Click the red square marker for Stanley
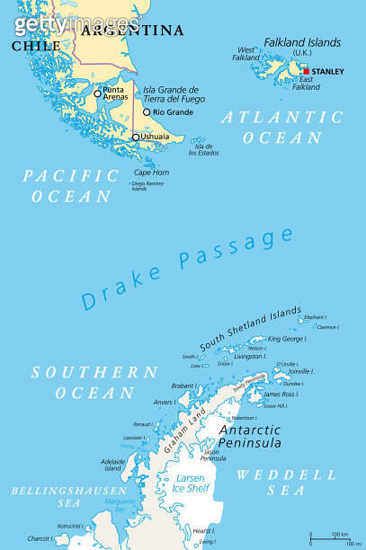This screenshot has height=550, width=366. [x=307, y=71]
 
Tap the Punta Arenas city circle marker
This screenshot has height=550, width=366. [x=97, y=93]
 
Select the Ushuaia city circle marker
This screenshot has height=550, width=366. [x=136, y=137]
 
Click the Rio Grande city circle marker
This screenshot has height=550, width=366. [x=147, y=112]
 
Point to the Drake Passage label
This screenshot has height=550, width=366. [x=188, y=269]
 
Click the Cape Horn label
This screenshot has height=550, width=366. [x=151, y=172]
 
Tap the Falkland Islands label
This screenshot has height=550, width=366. [x=301, y=42]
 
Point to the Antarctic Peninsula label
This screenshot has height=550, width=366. [x=250, y=436]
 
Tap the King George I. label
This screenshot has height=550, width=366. [x=287, y=340]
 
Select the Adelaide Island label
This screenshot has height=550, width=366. [x=112, y=464]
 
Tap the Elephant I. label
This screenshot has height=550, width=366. [x=315, y=317]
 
